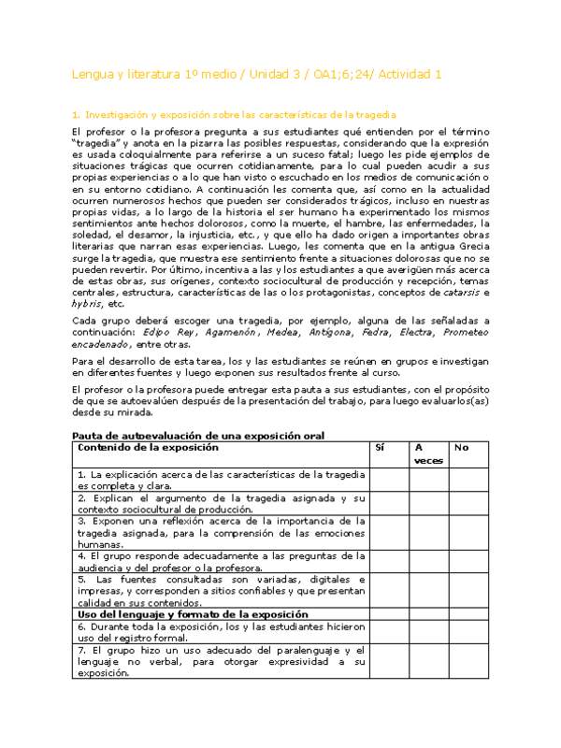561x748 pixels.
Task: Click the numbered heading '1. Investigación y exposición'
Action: pyautogui.click(x=235, y=114)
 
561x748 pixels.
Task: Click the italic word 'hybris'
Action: pyautogui.click(x=88, y=304)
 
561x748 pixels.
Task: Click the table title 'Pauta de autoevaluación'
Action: pyautogui.click(x=198, y=436)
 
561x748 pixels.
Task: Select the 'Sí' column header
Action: pyautogui.click(x=379, y=448)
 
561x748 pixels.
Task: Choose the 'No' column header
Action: pyautogui.click(x=460, y=448)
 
